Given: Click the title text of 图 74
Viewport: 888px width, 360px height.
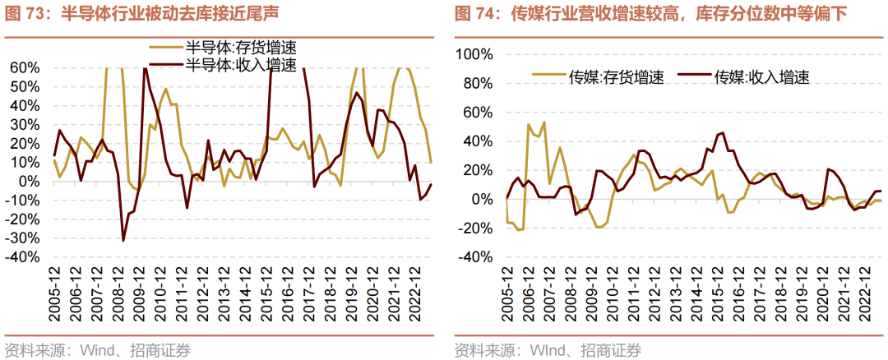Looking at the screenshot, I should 650,14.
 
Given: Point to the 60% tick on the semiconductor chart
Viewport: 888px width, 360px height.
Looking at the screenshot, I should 26,67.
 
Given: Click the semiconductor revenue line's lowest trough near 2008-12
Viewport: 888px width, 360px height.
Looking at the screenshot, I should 123,241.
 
